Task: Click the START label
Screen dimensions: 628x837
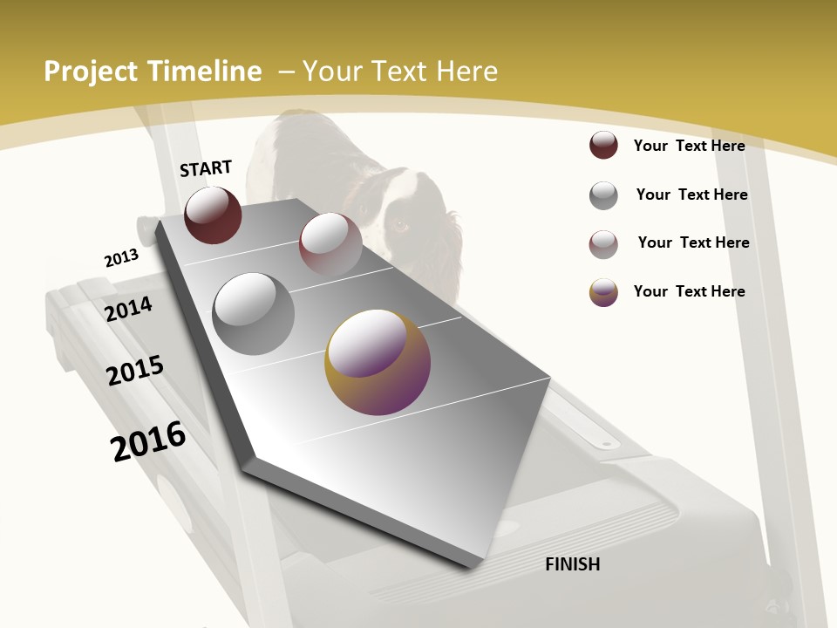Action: click(206, 168)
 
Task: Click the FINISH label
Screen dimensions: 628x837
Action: click(572, 564)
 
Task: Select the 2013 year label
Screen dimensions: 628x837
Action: click(121, 258)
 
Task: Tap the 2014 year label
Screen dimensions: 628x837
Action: click(129, 309)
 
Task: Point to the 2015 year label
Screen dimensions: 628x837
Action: click(135, 371)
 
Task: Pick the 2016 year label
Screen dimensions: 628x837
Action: click(148, 441)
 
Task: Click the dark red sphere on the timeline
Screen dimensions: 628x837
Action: click(213, 215)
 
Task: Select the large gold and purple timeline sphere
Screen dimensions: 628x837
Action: click(378, 361)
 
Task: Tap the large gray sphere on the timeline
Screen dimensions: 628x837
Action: click(254, 313)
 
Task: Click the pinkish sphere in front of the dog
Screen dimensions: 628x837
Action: click(330, 243)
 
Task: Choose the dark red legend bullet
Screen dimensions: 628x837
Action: click(603, 146)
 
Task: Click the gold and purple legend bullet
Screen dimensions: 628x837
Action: click(603, 291)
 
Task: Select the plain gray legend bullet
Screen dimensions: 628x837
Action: click(603, 195)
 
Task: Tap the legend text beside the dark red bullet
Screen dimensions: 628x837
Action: click(689, 146)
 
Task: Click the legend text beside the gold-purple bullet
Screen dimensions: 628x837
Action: click(689, 291)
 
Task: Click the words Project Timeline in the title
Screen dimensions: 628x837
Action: click(153, 72)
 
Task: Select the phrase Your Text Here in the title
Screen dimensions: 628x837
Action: click(400, 72)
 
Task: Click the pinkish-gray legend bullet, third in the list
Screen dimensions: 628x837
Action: click(603, 244)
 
